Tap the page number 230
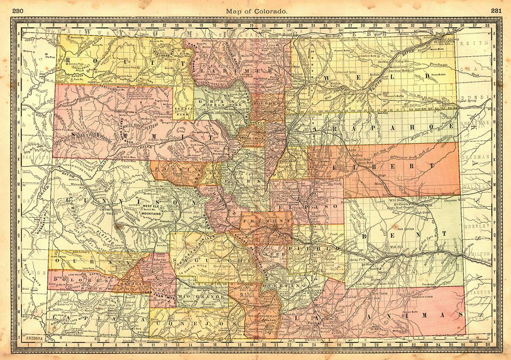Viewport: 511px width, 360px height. [x=19, y=11]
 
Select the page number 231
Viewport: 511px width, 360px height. [x=494, y=11]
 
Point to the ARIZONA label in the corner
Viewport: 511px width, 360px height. [x=35, y=340]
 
